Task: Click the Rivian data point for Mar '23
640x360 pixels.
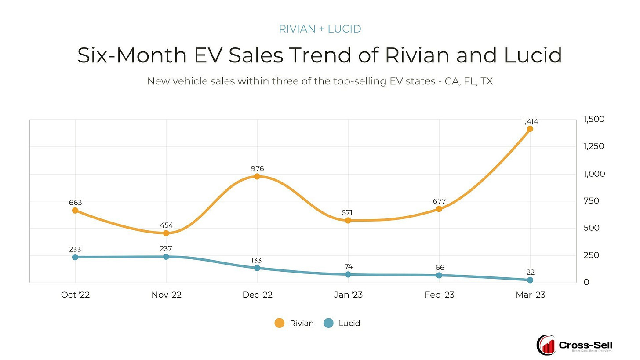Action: click(x=530, y=129)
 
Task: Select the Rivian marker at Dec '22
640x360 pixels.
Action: click(x=257, y=176)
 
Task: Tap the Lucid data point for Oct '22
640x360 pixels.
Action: click(x=75, y=257)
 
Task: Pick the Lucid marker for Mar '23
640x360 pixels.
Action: click(x=530, y=280)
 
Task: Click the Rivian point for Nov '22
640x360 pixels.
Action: click(x=166, y=233)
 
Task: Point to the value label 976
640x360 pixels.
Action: click(x=257, y=168)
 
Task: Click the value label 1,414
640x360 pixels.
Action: click(x=530, y=121)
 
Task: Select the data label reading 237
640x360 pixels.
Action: click(x=166, y=249)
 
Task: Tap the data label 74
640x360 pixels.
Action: click(x=348, y=266)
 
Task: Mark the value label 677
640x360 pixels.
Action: click(x=439, y=201)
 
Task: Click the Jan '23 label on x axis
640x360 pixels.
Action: click(x=348, y=295)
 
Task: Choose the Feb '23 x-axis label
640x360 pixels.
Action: click(x=439, y=295)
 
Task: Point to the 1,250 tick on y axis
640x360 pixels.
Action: click(x=593, y=146)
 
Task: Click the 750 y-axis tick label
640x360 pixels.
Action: click(x=591, y=201)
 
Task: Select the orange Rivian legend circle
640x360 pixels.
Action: click(x=279, y=323)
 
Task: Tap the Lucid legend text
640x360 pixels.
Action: click(x=349, y=323)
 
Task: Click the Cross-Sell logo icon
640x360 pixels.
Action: click(x=546, y=345)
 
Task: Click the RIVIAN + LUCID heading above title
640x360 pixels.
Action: click(x=320, y=29)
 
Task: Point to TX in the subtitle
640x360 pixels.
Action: click(x=487, y=81)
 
